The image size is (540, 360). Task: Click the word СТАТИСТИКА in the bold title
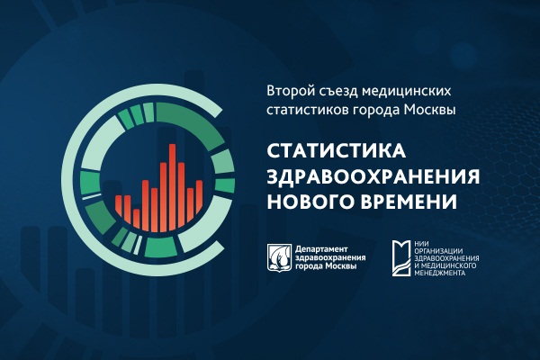click(x=337, y=151)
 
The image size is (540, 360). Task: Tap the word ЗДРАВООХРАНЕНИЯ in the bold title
click(x=373, y=176)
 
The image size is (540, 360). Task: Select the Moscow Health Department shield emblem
click(x=280, y=257)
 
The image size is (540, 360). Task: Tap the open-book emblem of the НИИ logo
click(x=401, y=258)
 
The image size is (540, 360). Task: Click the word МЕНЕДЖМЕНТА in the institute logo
click(x=440, y=273)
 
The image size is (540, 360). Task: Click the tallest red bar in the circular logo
click(x=173, y=187)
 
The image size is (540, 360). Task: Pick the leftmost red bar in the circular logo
click(x=119, y=205)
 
